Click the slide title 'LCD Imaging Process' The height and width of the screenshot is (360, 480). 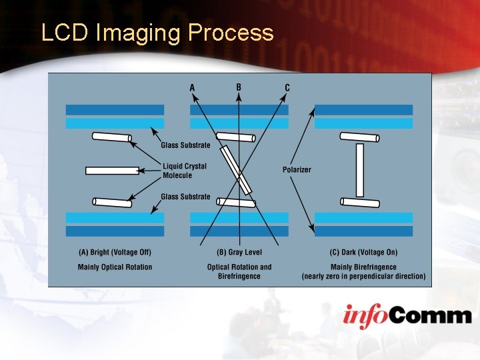tap(157, 33)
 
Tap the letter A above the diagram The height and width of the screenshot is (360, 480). tap(193, 87)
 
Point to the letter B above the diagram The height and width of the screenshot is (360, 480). tap(239, 87)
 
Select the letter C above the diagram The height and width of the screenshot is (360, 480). tap(287, 87)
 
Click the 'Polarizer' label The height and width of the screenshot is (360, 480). tap(297, 169)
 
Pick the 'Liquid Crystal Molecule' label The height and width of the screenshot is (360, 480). tap(185, 171)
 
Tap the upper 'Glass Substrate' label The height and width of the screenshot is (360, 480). tap(185, 145)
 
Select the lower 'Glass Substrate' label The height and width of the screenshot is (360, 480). tap(185, 197)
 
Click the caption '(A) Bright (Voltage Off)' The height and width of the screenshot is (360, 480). tap(115, 252)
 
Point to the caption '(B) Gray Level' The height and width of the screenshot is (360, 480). tap(239, 252)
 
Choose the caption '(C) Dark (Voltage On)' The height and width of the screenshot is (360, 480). tap(363, 252)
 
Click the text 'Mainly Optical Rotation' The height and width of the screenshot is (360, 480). tap(115, 267)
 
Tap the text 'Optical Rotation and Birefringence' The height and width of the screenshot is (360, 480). tap(239, 271)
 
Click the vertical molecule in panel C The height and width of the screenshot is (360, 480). tap(360, 170)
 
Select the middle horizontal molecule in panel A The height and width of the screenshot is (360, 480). tap(112, 171)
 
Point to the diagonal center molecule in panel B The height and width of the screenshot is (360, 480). tap(237, 170)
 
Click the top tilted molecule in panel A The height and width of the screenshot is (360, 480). tap(111, 137)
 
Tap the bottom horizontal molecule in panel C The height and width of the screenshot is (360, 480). tap(360, 202)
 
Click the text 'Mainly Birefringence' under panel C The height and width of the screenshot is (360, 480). tap(363, 267)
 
